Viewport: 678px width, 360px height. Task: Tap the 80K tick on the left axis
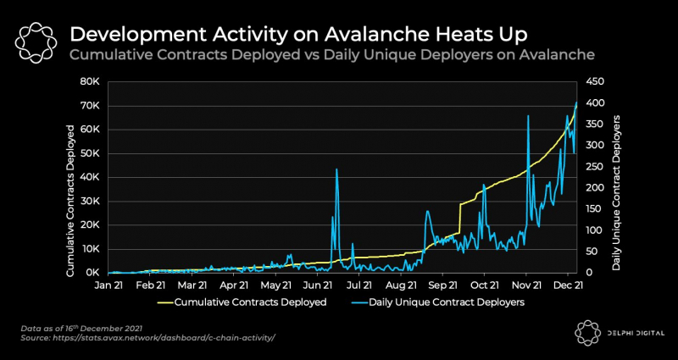(x=90, y=81)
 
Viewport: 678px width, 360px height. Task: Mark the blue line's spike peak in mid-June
(x=336, y=169)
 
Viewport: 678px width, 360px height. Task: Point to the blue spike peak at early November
(x=528, y=116)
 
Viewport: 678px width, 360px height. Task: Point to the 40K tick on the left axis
(x=90, y=177)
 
